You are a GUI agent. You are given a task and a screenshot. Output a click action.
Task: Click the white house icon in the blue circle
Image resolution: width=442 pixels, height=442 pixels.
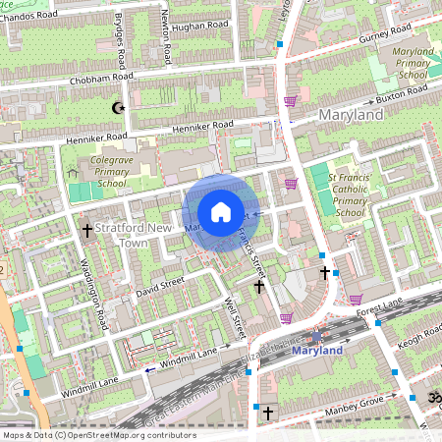click(221, 212)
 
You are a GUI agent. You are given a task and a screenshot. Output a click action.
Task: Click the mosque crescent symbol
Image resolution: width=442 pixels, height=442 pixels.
click(121, 107)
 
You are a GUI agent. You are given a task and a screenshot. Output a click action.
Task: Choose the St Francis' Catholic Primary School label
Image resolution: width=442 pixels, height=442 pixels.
click(351, 193)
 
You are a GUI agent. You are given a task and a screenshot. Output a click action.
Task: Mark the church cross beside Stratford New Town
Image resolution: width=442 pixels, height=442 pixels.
click(86, 230)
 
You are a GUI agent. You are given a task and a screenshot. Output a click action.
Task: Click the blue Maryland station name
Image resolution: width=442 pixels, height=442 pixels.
click(318, 351)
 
